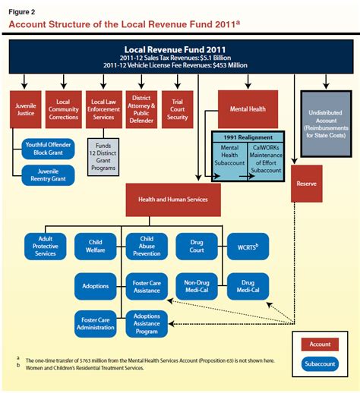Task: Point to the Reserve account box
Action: pyautogui.click(x=308, y=184)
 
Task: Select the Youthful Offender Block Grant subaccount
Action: pyautogui.click(x=47, y=147)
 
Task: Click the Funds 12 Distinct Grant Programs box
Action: pyautogui.click(x=103, y=154)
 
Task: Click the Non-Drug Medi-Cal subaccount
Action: pyautogui.click(x=196, y=286)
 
